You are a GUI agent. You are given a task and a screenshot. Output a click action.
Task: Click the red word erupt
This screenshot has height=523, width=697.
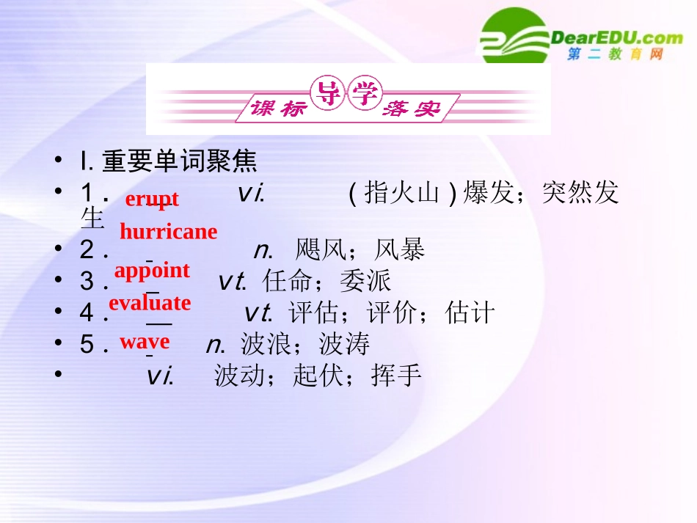pos(152,199)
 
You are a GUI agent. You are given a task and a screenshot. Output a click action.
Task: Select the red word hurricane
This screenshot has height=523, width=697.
pos(168,232)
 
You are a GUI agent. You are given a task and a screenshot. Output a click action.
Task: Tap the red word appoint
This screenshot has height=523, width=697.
pos(152,271)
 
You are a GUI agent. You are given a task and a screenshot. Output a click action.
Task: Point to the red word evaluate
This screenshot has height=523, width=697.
pos(150,302)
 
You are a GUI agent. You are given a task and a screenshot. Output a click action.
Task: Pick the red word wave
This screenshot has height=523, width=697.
pos(145,341)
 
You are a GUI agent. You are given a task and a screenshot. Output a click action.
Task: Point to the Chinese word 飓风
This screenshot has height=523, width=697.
pos(321,251)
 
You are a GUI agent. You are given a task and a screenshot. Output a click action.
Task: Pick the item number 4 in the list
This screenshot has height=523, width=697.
pos(87,314)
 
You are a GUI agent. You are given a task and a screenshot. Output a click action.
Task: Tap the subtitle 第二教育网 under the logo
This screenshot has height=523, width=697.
pos(615,55)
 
